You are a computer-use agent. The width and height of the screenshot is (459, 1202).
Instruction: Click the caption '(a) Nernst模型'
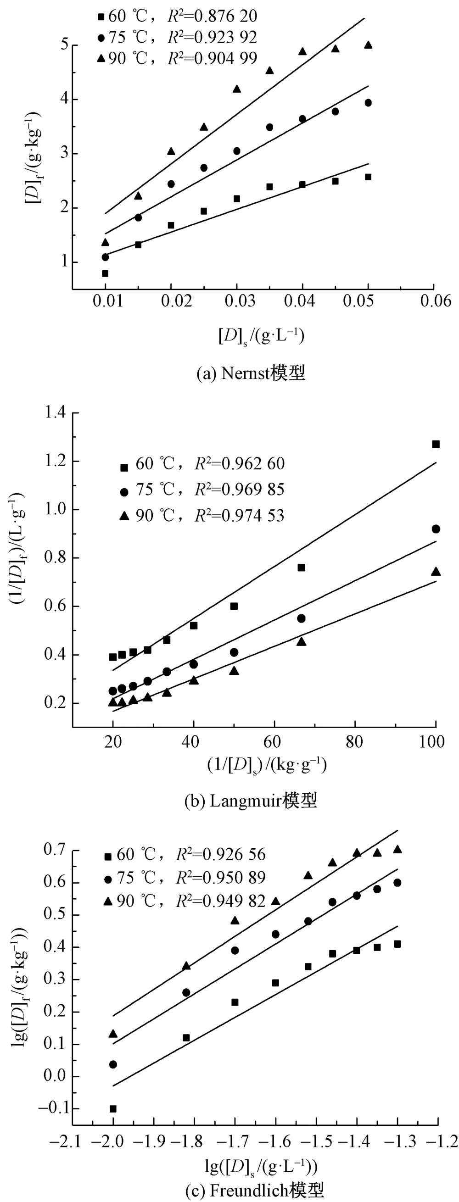[251, 373]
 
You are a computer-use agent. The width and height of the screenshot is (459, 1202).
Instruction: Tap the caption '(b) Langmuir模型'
[251, 800]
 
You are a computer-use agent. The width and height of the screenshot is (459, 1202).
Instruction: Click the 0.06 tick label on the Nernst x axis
[434, 301]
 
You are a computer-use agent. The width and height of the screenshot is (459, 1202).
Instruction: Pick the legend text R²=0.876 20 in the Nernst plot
[213, 17]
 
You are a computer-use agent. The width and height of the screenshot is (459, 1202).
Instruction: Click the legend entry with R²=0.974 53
[202, 515]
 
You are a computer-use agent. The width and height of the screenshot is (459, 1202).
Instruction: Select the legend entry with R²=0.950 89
[185, 877]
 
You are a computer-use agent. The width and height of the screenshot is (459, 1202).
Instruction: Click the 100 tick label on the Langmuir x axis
[432, 741]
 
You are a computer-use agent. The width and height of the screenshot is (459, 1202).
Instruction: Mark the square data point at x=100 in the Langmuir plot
[436, 444]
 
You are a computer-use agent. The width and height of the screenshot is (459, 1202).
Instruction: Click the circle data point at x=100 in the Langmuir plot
[436, 529]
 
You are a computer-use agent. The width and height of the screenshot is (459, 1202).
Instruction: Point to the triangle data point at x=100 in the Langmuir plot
[436, 572]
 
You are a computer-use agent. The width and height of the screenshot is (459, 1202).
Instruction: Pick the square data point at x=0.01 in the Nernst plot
[105, 273]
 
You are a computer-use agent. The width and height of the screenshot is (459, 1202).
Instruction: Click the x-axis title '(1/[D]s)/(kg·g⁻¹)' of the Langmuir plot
[267, 765]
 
